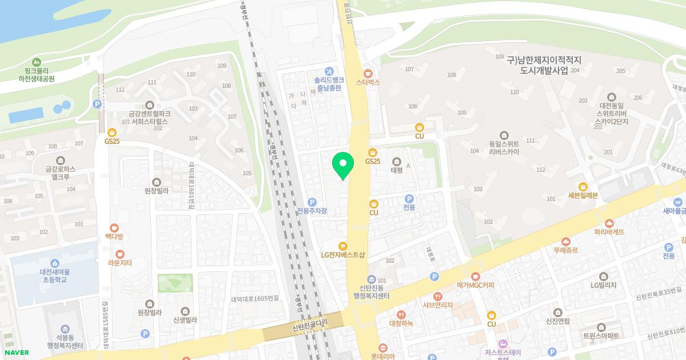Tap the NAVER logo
[x=15, y=353]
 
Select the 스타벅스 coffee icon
[x=368, y=73]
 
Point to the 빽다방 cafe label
[x=114, y=237]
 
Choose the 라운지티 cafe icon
[x=119, y=253]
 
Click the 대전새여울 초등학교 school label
[x=54, y=276]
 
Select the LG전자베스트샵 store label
[x=343, y=255]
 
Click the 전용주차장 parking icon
[x=312, y=202]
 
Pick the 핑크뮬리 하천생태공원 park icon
[x=37, y=62]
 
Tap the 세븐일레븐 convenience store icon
[x=583, y=186]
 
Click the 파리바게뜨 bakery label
[x=609, y=232]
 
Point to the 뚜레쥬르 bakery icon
[x=566, y=241]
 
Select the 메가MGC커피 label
[x=475, y=285]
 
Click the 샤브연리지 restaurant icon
[x=438, y=296]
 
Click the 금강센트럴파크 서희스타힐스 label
[x=150, y=118]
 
